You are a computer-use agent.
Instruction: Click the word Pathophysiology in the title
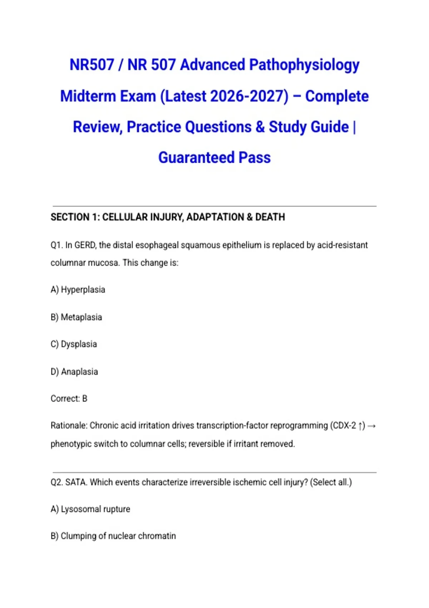tap(304, 65)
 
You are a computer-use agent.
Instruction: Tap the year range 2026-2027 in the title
tap(249, 96)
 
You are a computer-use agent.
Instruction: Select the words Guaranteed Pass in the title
tap(214, 158)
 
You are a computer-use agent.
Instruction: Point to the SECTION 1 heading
tap(168, 217)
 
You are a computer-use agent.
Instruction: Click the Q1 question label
tap(56, 245)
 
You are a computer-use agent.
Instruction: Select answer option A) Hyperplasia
tap(78, 290)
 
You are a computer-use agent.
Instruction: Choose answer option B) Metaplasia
tap(76, 317)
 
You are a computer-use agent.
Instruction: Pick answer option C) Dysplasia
tap(74, 344)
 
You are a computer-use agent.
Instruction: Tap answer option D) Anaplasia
tap(74, 372)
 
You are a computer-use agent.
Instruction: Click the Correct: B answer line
tap(69, 398)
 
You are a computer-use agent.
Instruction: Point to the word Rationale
tap(69, 426)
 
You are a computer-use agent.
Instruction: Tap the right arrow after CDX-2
tap(371, 426)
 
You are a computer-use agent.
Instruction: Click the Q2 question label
tap(57, 482)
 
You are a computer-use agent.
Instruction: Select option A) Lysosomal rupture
tap(90, 509)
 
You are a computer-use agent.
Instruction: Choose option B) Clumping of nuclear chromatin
tap(113, 536)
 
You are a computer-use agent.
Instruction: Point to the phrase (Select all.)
tap(331, 482)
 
